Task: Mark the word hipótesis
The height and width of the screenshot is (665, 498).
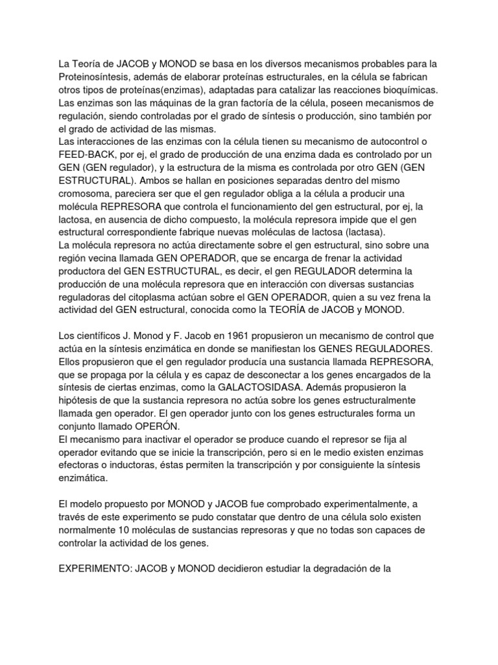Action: click(79, 401)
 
